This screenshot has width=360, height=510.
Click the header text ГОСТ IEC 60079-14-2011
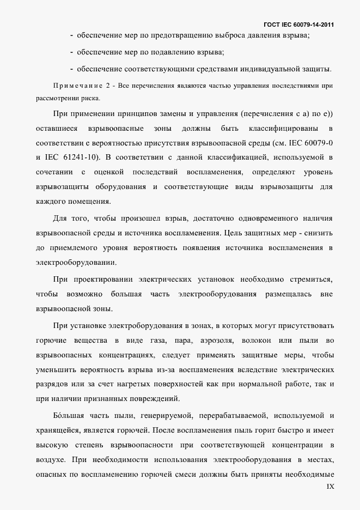(298, 25)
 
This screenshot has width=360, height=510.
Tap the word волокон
(256, 341)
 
